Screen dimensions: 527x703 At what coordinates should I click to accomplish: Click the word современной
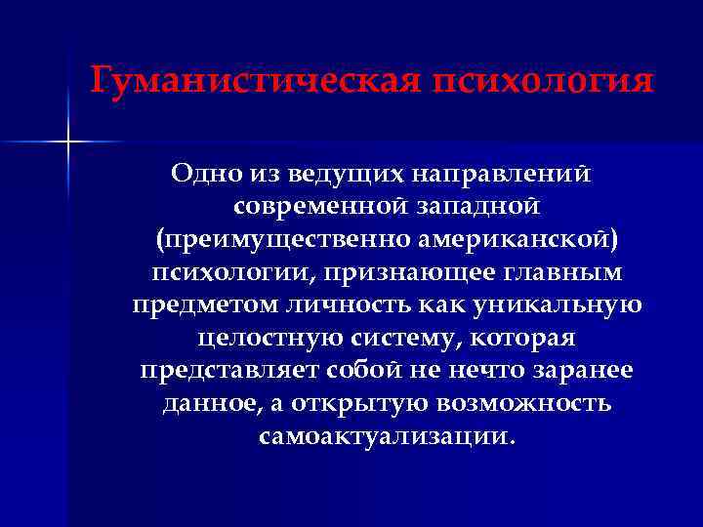(317, 207)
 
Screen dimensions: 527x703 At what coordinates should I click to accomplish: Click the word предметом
(200, 304)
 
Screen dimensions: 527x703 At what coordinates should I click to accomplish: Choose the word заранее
(585, 371)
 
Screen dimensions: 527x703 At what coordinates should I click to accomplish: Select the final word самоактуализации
(384, 436)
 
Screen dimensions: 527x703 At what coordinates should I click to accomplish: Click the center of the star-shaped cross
(68, 142)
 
